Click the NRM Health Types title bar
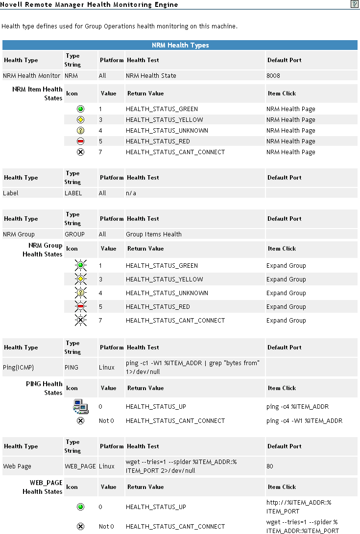point(180,46)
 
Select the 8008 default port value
point(273,76)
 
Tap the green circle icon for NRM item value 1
point(81,109)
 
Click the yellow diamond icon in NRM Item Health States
point(81,120)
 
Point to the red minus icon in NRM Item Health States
point(81,141)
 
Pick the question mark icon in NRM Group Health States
point(81,293)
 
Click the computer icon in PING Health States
point(80,406)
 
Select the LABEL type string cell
point(73,193)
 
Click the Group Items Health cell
point(153,234)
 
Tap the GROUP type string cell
point(74,234)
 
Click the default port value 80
point(270,466)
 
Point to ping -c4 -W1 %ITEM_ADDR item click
point(304,421)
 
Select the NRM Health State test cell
point(151,76)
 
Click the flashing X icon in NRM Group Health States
point(81,321)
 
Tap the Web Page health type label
point(17,466)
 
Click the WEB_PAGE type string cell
point(80,466)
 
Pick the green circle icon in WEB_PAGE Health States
point(81,507)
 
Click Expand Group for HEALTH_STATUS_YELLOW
point(286,279)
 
